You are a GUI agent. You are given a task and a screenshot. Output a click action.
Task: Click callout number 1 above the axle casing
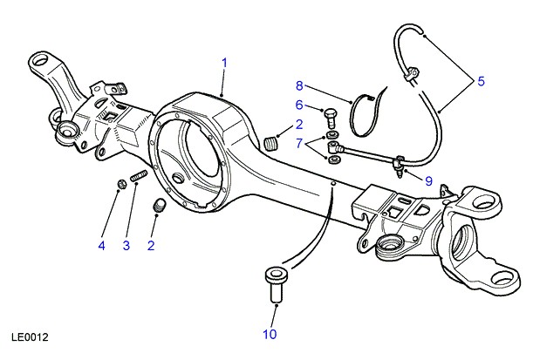pyautogui.click(x=224, y=63)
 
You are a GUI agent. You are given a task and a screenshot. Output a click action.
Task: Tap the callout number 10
pyautogui.click(x=270, y=333)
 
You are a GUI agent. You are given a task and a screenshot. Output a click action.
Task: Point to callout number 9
pyautogui.click(x=427, y=180)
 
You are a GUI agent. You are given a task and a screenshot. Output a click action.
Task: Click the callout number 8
pyautogui.click(x=299, y=85)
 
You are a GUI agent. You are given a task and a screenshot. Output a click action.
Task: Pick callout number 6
pyautogui.click(x=299, y=106)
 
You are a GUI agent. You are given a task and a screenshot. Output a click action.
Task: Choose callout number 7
pyautogui.click(x=299, y=142)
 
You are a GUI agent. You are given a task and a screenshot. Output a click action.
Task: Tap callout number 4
pyautogui.click(x=101, y=246)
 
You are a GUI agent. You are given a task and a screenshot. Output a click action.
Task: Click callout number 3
pyautogui.click(x=126, y=246)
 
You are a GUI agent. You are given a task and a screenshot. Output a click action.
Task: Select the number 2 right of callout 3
pyautogui.click(x=151, y=246)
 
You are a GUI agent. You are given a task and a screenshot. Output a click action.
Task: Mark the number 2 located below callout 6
pyautogui.click(x=299, y=125)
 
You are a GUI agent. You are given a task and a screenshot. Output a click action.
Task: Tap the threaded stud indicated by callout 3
pyautogui.click(x=138, y=180)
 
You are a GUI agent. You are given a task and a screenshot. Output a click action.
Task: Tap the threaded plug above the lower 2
pyautogui.click(x=161, y=206)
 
